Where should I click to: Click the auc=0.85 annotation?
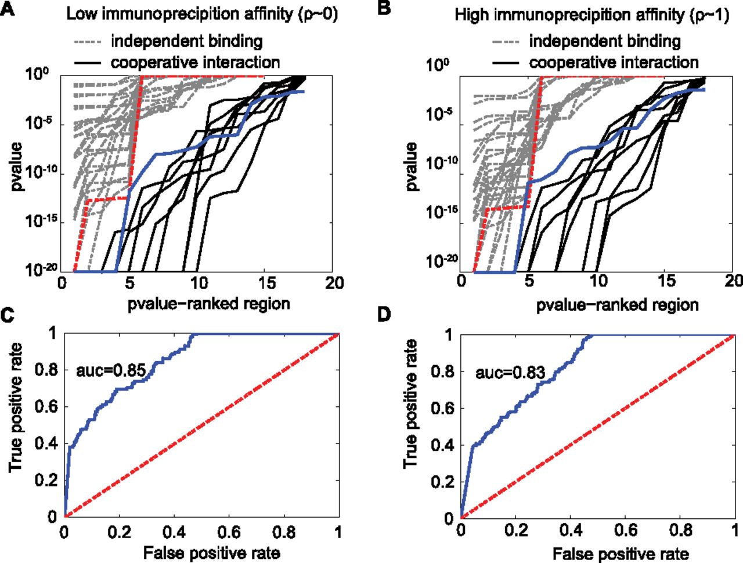click(x=111, y=370)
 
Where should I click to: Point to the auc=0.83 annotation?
click(x=510, y=372)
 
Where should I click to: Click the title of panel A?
click(x=202, y=13)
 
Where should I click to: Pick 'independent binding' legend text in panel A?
click(x=187, y=41)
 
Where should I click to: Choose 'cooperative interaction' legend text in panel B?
click(x=614, y=62)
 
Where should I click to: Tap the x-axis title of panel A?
click(x=209, y=304)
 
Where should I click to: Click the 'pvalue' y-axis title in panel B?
click(x=411, y=167)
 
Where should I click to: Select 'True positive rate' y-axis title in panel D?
click(x=411, y=405)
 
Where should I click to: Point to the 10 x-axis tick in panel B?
click(x=599, y=281)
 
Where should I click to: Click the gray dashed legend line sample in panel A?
click(x=88, y=42)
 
